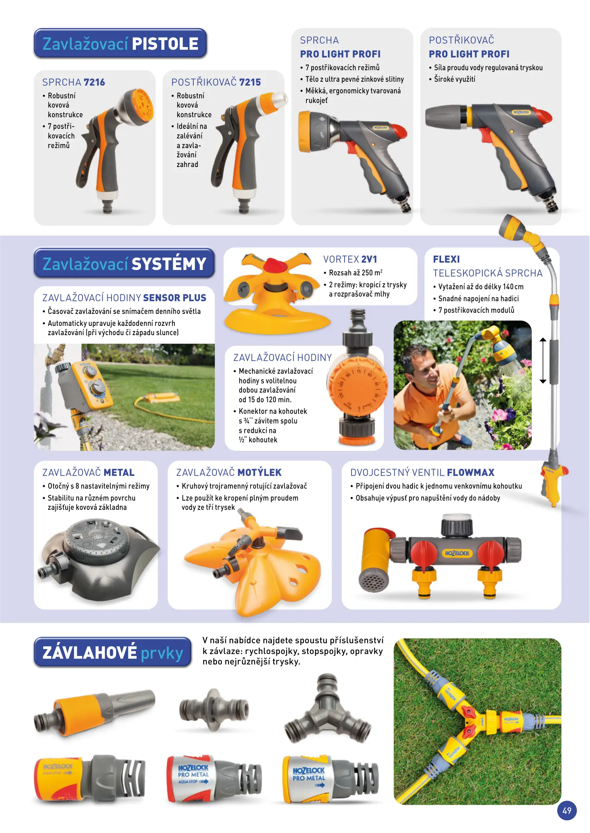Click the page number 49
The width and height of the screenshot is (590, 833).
click(x=566, y=810)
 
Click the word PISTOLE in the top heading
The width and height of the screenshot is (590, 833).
click(x=165, y=44)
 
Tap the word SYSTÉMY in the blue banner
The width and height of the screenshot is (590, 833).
click(x=169, y=264)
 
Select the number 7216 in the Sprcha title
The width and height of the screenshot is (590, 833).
click(x=94, y=82)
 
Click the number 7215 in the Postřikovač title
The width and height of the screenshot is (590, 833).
click(x=250, y=82)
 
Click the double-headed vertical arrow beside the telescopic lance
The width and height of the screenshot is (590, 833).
click(x=543, y=360)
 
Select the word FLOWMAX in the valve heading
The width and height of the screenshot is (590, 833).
click(x=471, y=472)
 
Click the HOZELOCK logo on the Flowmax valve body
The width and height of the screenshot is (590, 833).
click(x=457, y=553)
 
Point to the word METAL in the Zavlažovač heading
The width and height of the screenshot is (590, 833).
click(x=119, y=472)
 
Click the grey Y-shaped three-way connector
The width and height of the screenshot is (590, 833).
click(x=327, y=710)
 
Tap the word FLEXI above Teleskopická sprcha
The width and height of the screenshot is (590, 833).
click(x=446, y=259)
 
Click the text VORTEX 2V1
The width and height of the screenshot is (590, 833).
click(x=350, y=259)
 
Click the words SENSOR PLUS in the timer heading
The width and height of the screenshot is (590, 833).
click(x=175, y=298)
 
